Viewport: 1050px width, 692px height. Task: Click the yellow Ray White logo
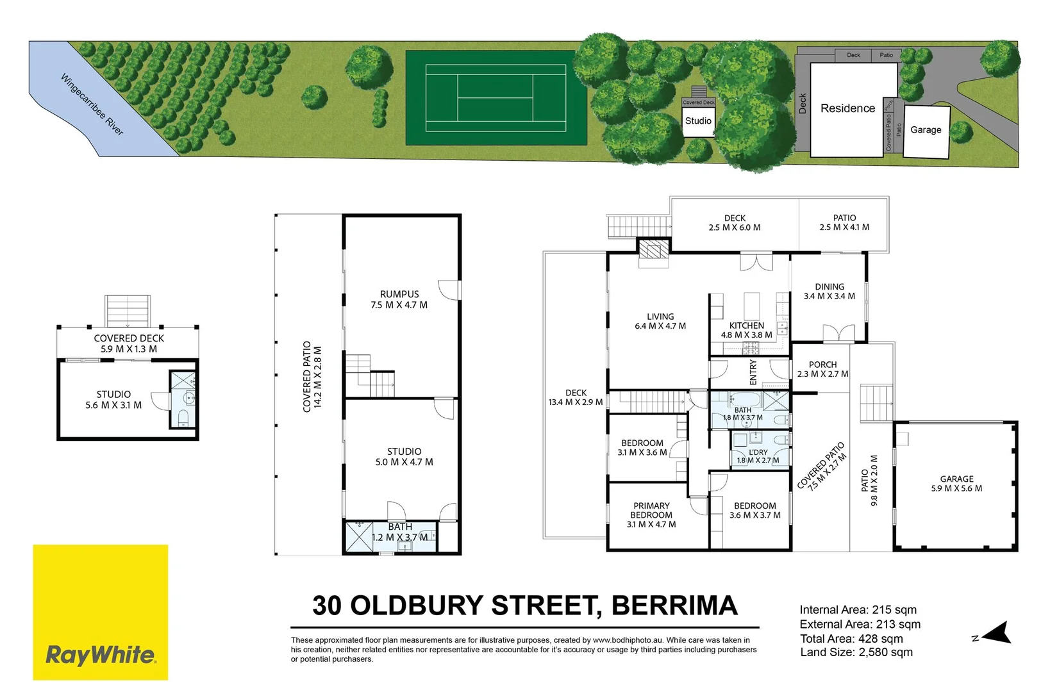click(x=100, y=612)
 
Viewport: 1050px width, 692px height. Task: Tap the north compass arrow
click(x=996, y=634)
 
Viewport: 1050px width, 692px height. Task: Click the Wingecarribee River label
click(x=92, y=104)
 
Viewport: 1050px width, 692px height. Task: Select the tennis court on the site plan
click(x=496, y=98)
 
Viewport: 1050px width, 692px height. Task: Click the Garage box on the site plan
click(x=926, y=131)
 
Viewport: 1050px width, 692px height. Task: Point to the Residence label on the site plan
click(x=847, y=108)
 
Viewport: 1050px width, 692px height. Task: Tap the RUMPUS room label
click(x=399, y=299)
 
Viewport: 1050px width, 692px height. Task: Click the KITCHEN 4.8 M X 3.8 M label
click(x=747, y=330)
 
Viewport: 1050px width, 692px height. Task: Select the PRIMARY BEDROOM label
click(x=651, y=515)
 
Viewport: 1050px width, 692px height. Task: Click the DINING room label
click(x=829, y=291)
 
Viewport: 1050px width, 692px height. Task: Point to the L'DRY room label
click(x=758, y=456)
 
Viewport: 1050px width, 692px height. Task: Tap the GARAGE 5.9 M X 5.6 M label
click(x=956, y=484)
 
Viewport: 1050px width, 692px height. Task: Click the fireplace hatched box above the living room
click(x=654, y=249)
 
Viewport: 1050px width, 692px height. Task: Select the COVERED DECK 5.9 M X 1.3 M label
click(x=129, y=343)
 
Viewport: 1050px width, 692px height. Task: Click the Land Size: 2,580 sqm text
click(x=856, y=652)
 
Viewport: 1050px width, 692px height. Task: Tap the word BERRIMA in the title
click(x=674, y=605)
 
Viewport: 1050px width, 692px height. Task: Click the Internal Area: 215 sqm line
click(x=858, y=609)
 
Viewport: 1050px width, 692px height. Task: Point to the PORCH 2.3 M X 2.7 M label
click(x=822, y=369)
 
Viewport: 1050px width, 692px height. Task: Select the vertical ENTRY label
click(x=753, y=372)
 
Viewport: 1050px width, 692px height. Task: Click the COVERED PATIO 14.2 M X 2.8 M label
click(x=312, y=377)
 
